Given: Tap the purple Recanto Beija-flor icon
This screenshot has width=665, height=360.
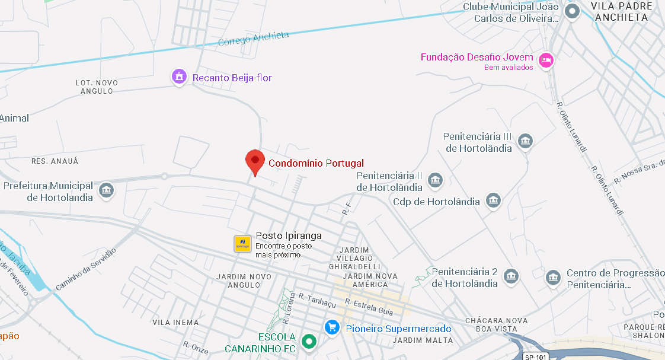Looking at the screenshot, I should coord(179,77).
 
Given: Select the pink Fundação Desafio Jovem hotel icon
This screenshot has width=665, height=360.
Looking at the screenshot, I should coord(546,60).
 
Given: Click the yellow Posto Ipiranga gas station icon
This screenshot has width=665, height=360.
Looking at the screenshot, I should coord(242,244).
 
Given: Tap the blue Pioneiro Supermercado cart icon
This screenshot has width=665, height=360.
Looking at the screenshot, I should coord(332,327).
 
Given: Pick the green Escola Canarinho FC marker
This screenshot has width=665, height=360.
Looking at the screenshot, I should coord(308,341).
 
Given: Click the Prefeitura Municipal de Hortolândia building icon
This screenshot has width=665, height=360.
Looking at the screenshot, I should coord(107,190).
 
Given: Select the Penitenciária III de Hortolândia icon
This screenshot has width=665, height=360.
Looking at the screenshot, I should coord(525,141).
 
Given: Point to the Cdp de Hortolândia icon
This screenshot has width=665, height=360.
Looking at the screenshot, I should coord(493,200).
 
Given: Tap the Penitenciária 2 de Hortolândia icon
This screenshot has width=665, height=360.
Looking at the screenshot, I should coord(511,276).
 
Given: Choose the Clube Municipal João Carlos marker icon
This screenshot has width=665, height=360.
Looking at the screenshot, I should coord(572,11).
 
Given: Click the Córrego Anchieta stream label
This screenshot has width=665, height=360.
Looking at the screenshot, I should coord(253,39).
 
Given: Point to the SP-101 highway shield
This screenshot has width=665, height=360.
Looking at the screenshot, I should coord(536,356).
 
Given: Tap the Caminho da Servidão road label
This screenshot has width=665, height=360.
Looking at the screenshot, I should coord(85,270).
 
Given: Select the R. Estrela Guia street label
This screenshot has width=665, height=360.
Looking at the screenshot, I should coord(369,306).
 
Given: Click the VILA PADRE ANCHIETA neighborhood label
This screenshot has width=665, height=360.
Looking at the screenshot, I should coord(619,12).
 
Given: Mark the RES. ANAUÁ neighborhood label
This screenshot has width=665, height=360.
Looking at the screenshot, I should coord(55,161).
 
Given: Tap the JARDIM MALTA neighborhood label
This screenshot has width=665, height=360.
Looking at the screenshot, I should coord(423,340).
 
